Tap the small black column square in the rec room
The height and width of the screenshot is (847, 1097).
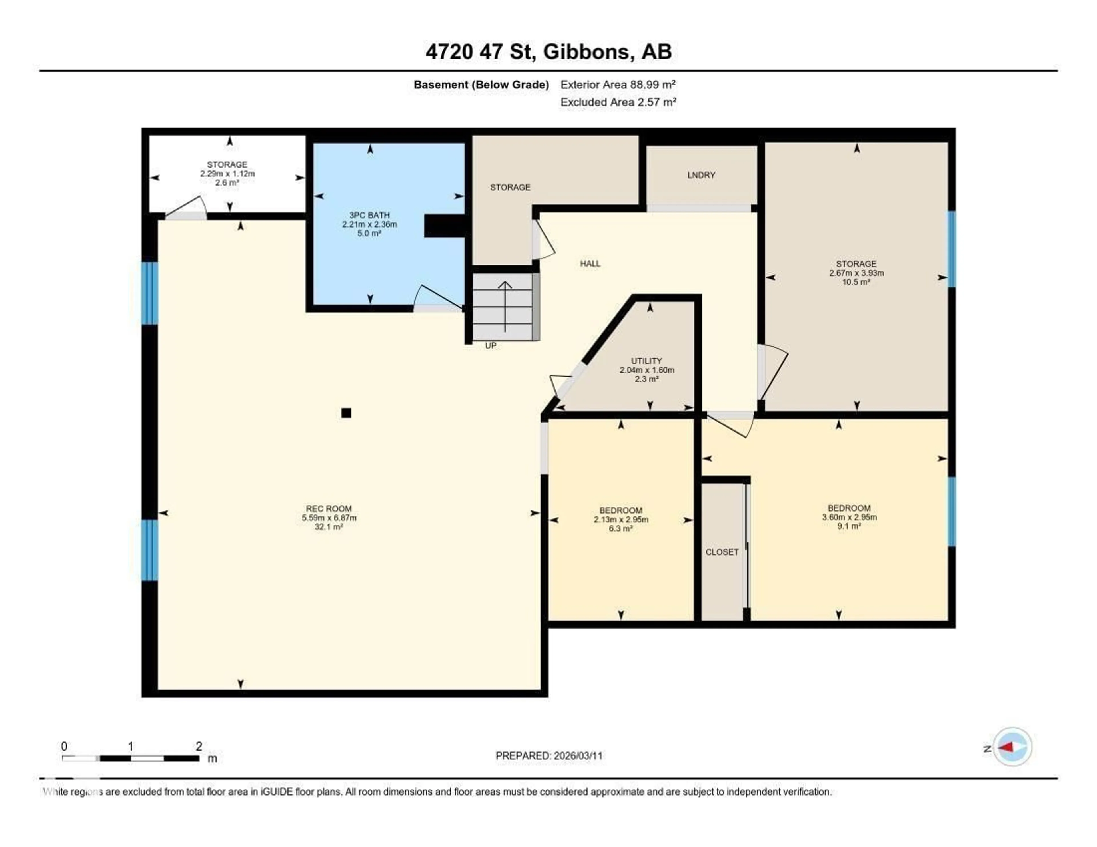(x=346, y=413)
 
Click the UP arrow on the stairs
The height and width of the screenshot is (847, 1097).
(x=504, y=306)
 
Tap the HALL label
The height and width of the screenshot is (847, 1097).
(x=590, y=263)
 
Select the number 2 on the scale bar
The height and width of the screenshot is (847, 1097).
(x=199, y=746)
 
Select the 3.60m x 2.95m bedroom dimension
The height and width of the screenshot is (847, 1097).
(x=849, y=517)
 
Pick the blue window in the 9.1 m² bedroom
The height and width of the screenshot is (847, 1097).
(x=951, y=511)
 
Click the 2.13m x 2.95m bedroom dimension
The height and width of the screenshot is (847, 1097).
(x=621, y=520)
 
